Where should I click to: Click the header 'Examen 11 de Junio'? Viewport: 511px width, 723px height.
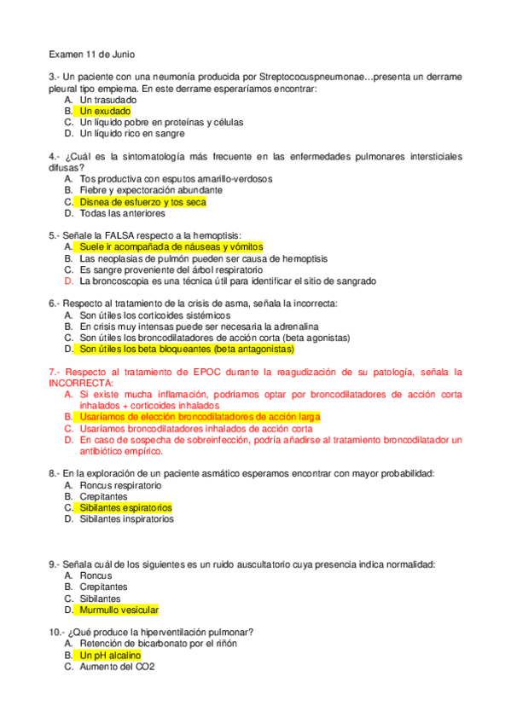pos(91,55)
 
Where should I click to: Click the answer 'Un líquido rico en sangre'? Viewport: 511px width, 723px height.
pos(132,134)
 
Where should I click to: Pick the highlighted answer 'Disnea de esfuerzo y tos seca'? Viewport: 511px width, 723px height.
pos(142,203)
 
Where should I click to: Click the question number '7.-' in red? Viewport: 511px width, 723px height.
pos(54,372)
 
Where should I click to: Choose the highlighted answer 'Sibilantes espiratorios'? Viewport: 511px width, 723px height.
pos(125,507)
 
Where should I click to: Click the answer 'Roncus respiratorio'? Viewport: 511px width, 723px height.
pos(120,485)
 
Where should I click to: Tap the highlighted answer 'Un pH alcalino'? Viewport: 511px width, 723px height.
pos(109,656)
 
